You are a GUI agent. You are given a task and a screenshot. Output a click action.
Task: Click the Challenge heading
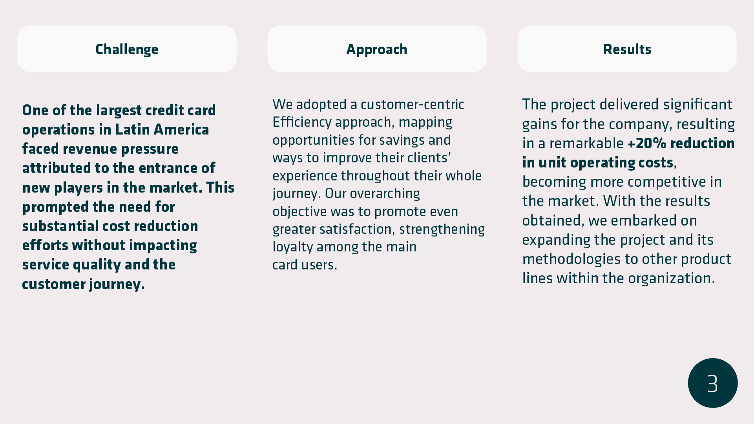[127, 49]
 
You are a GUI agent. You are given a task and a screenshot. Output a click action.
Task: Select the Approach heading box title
[377, 49]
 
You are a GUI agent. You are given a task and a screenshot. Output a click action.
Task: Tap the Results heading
[627, 49]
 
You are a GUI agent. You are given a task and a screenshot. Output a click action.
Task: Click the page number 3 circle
[713, 383]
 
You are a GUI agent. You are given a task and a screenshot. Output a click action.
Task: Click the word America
[181, 129]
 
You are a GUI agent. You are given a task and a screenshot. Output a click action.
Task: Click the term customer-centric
[412, 104]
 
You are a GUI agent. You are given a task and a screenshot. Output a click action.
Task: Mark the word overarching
[385, 194]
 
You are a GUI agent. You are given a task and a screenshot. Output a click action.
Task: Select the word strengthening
[442, 229]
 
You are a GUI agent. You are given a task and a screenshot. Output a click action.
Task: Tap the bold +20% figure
[647, 144]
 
